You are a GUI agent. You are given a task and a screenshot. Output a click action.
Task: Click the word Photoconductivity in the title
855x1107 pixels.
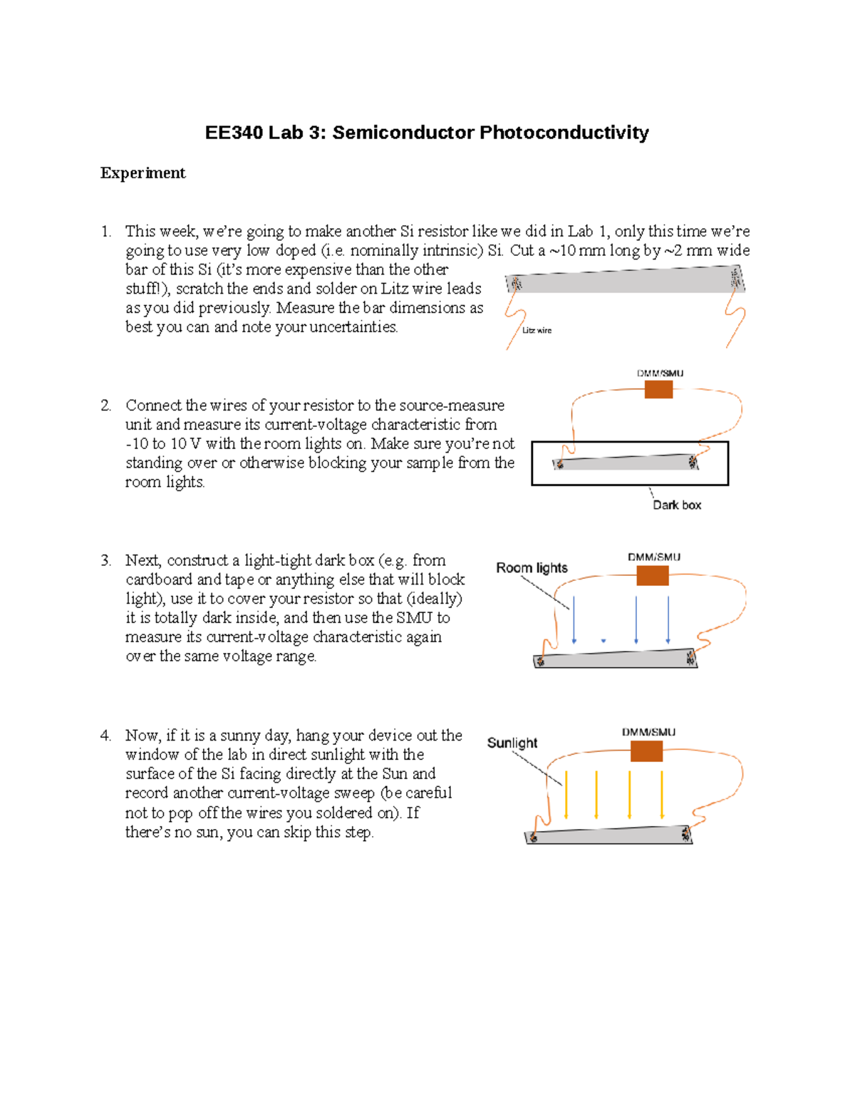pyautogui.click(x=564, y=133)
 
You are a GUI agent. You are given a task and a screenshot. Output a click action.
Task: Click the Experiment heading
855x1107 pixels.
pyautogui.click(x=142, y=173)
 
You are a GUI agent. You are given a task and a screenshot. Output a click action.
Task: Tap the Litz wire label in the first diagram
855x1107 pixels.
pyautogui.click(x=537, y=330)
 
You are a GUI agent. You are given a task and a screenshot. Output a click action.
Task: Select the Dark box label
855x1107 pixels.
pyautogui.click(x=677, y=505)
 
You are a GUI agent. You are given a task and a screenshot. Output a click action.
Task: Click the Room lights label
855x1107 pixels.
pyautogui.click(x=532, y=568)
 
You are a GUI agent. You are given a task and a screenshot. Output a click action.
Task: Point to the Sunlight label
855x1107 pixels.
pyautogui.click(x=512, y=743)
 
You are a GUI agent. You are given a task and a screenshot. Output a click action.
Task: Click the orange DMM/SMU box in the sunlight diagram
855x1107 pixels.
pyautogui.click(x=646, y=751)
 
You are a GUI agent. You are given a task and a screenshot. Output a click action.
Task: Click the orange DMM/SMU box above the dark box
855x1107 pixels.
pyautogui.click(x=658, y=389)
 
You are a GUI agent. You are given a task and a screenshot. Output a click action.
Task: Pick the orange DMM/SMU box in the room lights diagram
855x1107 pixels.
pyautogui.click(x=652, y=575)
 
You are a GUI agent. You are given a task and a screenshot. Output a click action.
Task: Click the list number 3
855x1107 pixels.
pyautogui.click(x=105, y=560)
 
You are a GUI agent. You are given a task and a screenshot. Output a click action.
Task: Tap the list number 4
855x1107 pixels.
pyautogui.click(x=105, y=736)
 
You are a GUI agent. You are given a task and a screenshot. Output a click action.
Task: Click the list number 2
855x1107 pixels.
pyautogui.click(x=105, y=406)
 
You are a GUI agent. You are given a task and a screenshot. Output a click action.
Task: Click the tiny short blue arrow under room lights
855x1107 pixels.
pyautogui.click(x=603, y=641)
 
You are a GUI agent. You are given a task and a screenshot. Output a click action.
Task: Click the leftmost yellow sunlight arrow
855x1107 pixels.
pyautogui.click(x=566, y=794)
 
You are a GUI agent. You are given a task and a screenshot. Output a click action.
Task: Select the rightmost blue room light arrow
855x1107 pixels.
pyautogui.click(x=668, y=619)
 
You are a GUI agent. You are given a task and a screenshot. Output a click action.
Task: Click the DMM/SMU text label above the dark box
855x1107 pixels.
pyautogui.click(x=660, y=374)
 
